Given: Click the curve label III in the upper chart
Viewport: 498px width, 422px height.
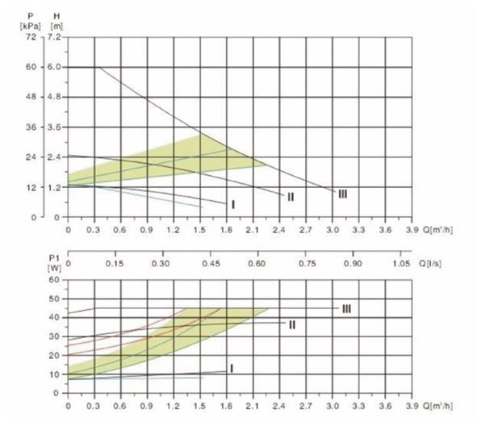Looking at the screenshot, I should click(343, 194).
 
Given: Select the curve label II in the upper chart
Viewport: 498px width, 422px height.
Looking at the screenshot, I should click(290, 197).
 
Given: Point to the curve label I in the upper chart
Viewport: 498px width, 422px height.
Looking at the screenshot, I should click(233, 205).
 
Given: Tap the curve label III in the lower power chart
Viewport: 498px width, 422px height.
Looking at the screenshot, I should click(346, 308).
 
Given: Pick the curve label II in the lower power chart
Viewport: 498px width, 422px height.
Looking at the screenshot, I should click(292, 324).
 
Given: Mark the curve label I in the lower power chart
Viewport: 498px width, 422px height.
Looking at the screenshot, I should click(232, 368).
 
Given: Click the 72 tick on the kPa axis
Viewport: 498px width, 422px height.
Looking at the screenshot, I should click(32, 37).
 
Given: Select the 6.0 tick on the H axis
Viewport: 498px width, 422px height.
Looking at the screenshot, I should click(55, 67).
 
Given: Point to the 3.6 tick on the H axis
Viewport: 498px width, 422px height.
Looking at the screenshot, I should click(55, 127).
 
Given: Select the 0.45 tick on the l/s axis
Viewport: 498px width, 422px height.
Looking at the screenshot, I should click(211, 263).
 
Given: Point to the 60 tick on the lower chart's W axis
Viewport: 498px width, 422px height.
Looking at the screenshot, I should click(54, 280).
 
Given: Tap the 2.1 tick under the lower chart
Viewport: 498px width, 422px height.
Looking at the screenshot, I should click(253, 405).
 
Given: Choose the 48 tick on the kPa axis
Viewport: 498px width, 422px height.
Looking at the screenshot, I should click(32, 97).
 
